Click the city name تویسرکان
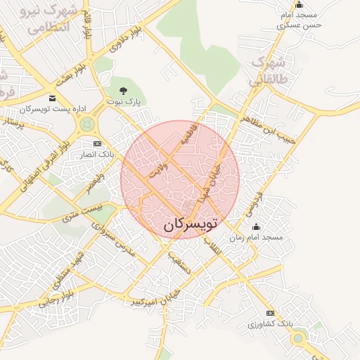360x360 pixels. click(x=190, y=224)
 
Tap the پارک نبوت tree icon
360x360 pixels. click(x=124, y=90)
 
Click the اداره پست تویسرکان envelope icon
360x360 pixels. click(x=53, y=98)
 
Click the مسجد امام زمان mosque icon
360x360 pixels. click(x=255, y=226)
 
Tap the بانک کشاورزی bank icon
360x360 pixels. click(x=269, y=313)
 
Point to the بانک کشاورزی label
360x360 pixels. click(x=269, y=324)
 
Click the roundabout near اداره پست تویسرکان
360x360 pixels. click(x=87, y=125)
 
